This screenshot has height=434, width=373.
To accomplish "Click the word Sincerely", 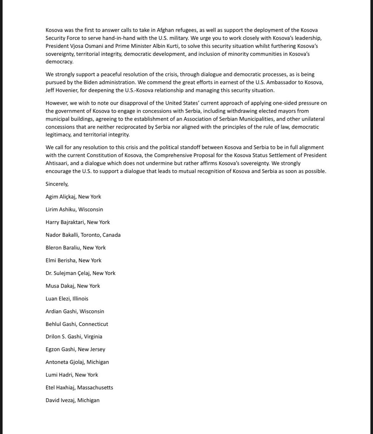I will [x=57, y=184].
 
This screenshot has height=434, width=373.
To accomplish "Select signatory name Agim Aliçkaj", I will [x=61, y=197].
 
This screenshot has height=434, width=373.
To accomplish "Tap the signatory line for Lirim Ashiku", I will [x=74, y=210].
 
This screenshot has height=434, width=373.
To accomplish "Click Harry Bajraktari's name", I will [x=65, y=222].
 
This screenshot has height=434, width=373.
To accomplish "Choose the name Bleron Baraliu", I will [x=63, y=248].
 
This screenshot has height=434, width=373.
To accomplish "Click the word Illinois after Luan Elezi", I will [x=80, y=299].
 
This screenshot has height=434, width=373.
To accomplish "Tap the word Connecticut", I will [x=93, y=324].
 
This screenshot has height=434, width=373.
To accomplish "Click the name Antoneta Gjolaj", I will [x=64, y=362].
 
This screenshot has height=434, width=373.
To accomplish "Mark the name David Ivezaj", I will [x=60, y=400].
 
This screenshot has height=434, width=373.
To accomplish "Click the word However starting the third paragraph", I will [x=57, y=103].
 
